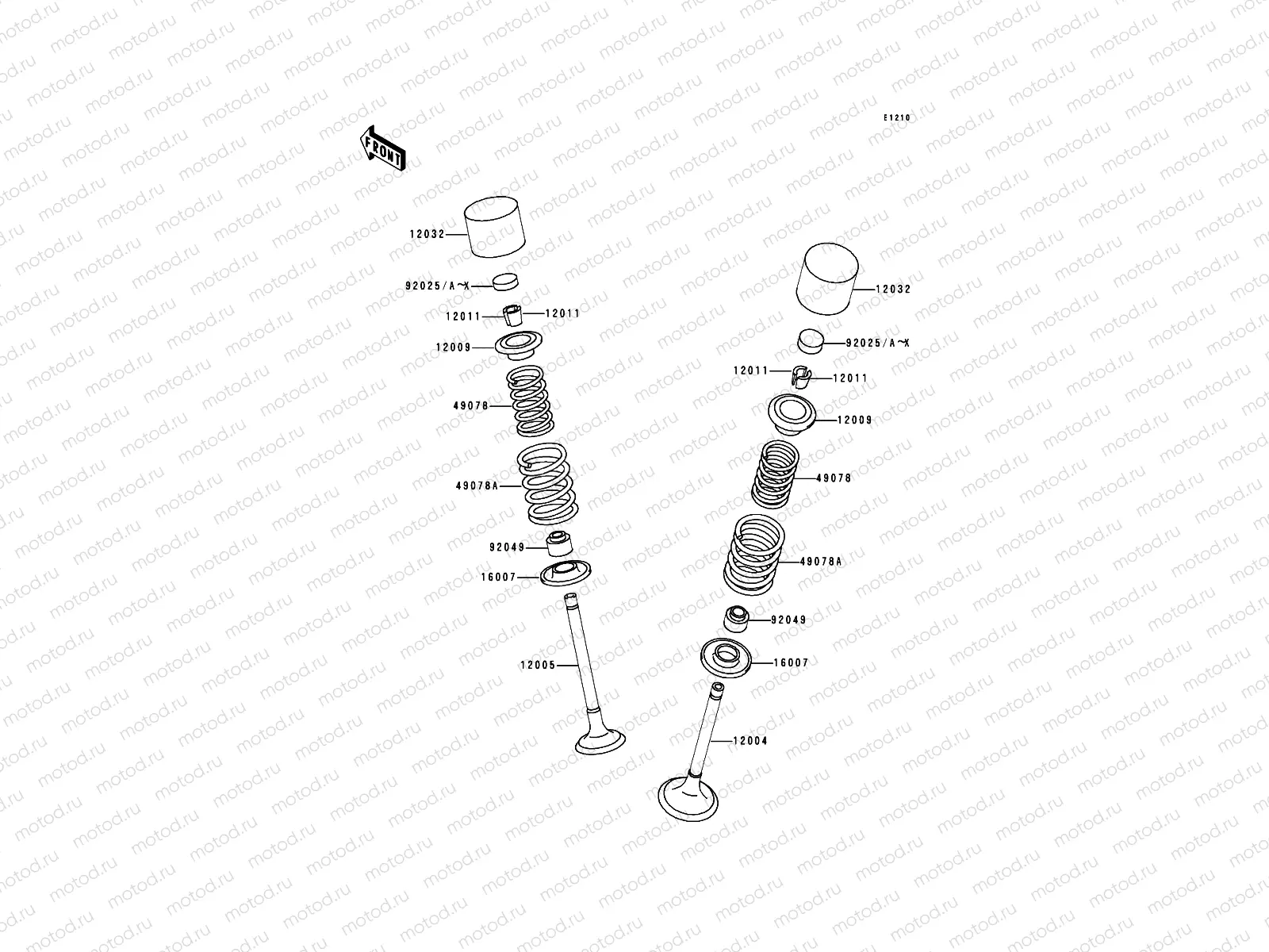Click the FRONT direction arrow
(382, 148)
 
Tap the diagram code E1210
(898, 117)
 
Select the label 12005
(538, 666)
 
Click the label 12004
(750, 740)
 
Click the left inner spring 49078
(529, 401)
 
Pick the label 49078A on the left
(477, 486)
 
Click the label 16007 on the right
(790, 662)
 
